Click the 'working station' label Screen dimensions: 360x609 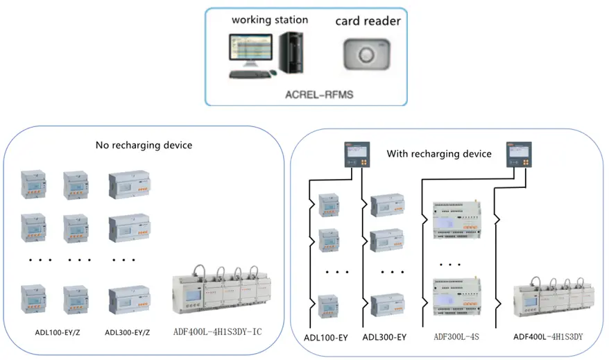270,19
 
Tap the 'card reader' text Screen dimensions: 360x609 368,21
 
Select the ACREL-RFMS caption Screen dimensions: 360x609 319,94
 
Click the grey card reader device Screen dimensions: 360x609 366,53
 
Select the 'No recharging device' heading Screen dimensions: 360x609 144,146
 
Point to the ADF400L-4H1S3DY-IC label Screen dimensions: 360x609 217,332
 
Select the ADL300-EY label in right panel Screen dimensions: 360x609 384,338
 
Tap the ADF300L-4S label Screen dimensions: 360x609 455,338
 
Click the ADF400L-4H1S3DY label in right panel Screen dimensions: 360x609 547,338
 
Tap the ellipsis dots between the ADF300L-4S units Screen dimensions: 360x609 450,264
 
